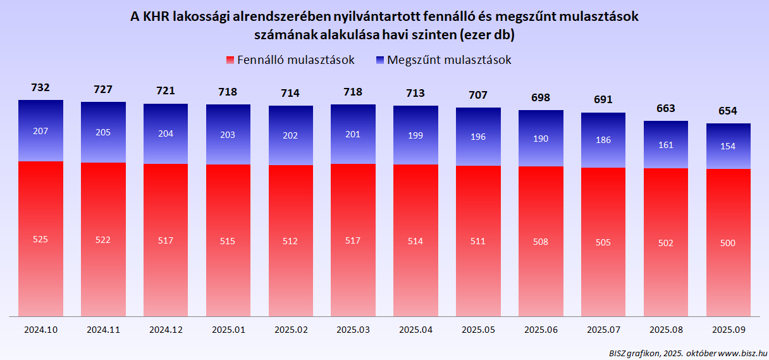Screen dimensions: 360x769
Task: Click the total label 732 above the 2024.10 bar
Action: [40, 88]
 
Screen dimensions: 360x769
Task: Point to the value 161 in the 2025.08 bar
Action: [666, 144]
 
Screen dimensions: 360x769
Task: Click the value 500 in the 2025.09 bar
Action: [729, 244]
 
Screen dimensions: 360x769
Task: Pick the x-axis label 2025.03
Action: [354, 330]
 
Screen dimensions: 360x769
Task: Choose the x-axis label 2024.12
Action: [166, 330]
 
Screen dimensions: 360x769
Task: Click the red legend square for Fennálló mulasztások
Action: [230, 60]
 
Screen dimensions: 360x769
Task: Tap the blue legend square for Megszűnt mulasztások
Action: [380, 60]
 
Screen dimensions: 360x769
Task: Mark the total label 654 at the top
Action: [729, 111]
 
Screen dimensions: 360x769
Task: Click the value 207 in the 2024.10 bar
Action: [40, 131]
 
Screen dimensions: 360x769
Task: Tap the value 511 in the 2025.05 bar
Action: [478, 241]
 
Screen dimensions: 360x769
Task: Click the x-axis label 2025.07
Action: [603, 330]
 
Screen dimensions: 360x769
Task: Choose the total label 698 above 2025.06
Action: [541, 97]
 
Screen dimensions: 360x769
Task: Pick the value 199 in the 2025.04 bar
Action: [415, 136]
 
